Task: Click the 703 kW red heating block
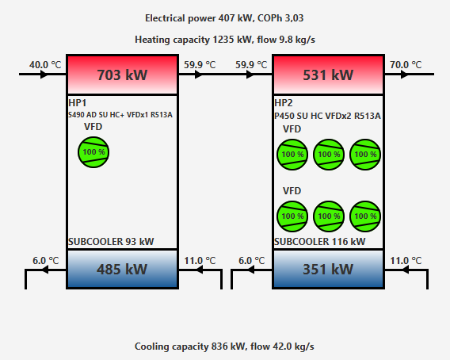coord(122,75)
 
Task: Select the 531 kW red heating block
coord(328,75)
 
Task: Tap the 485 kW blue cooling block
coord(122,269)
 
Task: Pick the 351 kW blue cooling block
coord(328,269)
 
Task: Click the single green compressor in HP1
coord(93,152)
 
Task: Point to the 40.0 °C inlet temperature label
coord(45,65)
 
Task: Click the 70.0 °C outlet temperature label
coord(406,65)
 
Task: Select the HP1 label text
coord(78,103)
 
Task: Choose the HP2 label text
coord(284,103)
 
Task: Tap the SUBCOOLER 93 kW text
coord(111,242)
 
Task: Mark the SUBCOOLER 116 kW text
coord(320,242)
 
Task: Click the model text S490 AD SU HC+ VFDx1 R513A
coord(120,115)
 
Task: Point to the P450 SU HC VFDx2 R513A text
coord(327,116)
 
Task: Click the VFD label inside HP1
coord(93,127)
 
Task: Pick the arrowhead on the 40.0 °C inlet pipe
coord(44,75)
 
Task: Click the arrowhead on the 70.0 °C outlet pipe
coord(404,75)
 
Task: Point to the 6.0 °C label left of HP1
coord(46,261)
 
